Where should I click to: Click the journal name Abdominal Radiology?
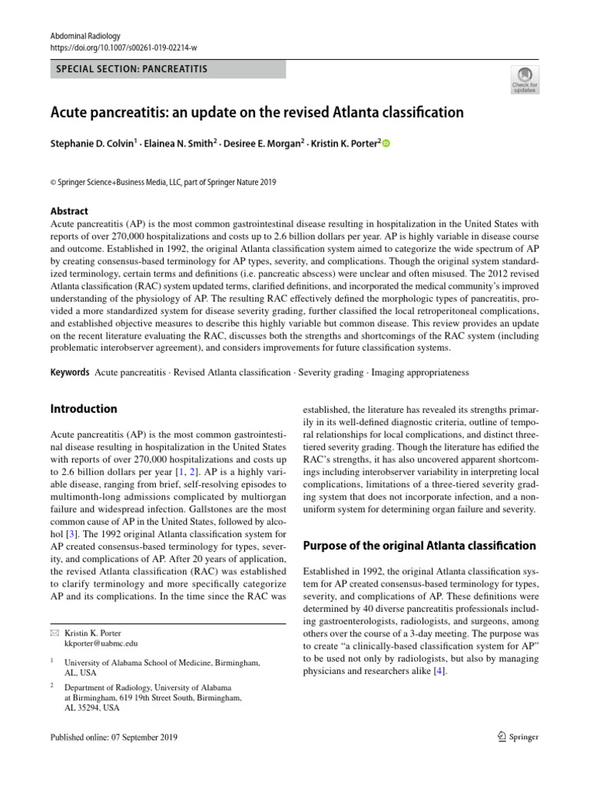click(x=85, y=36)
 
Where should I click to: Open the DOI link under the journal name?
click(x=124, y=48)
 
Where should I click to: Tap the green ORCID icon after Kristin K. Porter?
click(x=386, y=144)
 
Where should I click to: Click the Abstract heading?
click(x=68, y=211)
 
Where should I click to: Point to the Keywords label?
click(x=70, y=372)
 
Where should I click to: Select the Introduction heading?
click(x=83, y=409)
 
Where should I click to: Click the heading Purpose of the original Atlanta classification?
click(x=419, y=546)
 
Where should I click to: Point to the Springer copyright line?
click(x=163, y=182)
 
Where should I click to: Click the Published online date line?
click(x=113, y=738)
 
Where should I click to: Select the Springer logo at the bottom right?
click(x=517, y=737)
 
